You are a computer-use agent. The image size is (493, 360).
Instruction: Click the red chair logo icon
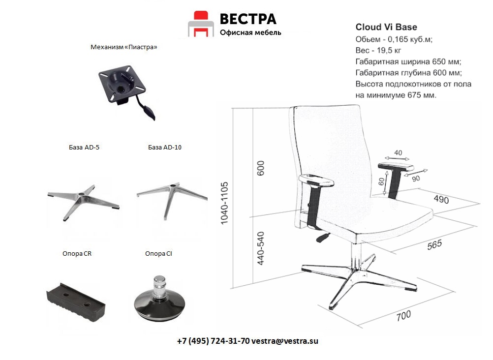201,24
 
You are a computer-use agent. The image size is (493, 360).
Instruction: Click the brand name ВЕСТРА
248,19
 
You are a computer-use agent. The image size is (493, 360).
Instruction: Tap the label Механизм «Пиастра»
123,47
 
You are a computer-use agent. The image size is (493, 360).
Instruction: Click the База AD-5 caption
84,147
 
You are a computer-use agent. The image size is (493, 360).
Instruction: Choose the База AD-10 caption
165,147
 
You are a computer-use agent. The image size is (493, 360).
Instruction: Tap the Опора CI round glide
159,299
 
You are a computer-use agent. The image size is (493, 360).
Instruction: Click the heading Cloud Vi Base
386,28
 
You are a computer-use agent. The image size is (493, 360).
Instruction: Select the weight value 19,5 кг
389,50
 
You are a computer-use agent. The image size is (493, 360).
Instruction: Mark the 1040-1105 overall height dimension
224,203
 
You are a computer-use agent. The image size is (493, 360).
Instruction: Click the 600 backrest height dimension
261,168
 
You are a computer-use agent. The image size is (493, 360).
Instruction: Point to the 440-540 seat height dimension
261,248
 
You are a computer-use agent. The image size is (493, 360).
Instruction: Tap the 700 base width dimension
403,316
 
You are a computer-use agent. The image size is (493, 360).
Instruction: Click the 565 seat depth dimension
434,244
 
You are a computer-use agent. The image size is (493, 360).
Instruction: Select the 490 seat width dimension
441,199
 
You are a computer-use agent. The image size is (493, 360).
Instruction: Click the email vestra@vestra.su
285,341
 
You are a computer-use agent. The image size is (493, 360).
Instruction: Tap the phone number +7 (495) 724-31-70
214,341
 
